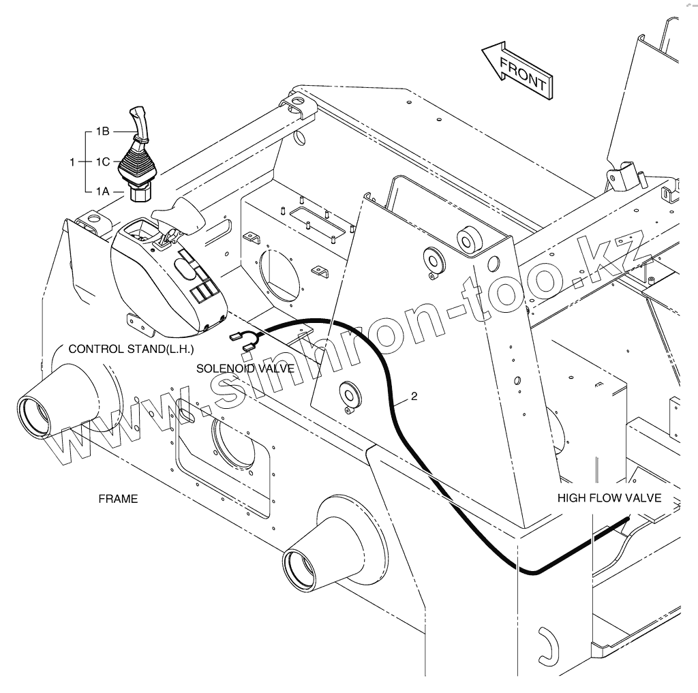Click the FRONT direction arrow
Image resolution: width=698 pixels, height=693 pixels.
(517, 70)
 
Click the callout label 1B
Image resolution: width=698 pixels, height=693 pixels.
(102, 132)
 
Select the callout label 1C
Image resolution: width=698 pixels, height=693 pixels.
(103, 161)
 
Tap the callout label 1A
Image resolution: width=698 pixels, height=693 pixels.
(102, 191)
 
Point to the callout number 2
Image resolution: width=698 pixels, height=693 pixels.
(414, 396)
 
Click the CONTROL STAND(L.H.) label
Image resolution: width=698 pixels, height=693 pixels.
(132, 349)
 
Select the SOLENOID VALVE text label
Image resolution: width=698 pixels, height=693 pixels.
(245, 369)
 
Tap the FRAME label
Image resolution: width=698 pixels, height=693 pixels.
(118, 499)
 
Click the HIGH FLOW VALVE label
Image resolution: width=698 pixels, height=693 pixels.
(609, 497)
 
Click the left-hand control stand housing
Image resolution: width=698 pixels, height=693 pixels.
(169, 275)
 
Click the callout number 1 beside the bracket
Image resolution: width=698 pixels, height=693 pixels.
(72, 162)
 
